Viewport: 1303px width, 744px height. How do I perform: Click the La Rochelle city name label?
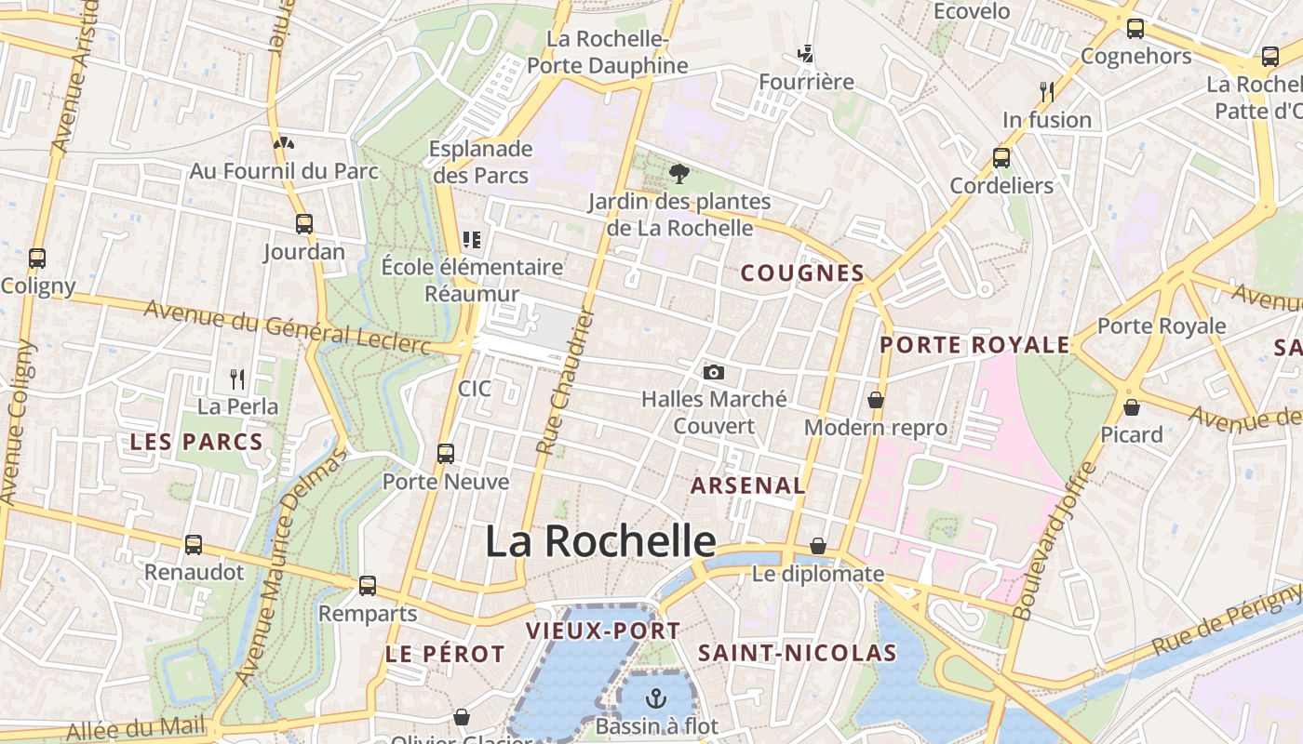pos(600,541)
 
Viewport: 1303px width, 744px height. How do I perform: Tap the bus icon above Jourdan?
pos(304,223)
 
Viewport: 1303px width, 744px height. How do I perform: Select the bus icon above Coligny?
pos(37,258)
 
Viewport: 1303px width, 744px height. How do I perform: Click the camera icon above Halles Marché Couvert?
pos(714,372)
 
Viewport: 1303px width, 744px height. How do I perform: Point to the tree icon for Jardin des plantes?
pos(679,172)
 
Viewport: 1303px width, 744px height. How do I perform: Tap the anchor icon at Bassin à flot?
pos(657,697)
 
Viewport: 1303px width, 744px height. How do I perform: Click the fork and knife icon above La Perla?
pos(237,379)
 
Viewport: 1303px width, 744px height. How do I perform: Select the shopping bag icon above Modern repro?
pos(876,400)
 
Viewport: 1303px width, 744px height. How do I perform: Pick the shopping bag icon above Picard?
pos(1132,406)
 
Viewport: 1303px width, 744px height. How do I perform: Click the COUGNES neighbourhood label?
pos(802,272)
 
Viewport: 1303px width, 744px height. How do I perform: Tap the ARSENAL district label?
pos(748,485)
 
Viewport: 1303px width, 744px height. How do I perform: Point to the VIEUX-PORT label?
pos(603,630)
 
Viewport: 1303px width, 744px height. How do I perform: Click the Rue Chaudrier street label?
pos(565,381)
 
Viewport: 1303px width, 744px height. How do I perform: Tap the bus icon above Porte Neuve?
pos(446,453)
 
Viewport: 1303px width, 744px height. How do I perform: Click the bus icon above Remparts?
pos(368,585)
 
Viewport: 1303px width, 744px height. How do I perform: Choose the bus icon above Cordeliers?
pos(1001,157)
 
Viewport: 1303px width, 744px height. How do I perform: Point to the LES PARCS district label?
pos(196,441)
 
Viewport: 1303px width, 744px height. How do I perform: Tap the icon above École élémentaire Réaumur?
pos(472,240)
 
